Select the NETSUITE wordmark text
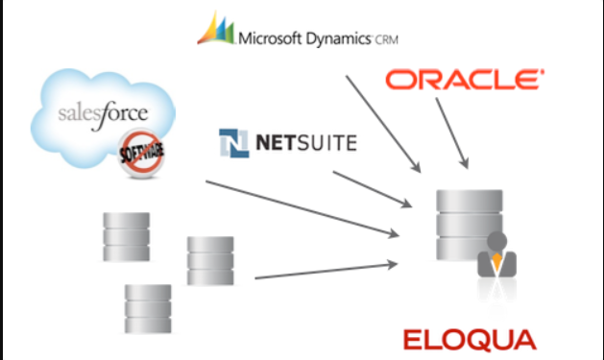[x=306, y=144]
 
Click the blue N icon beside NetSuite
[x=234, y=144]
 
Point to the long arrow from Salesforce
[x=302, y=207]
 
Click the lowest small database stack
[x=148, y=307]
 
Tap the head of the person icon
[x=496, y=241]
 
